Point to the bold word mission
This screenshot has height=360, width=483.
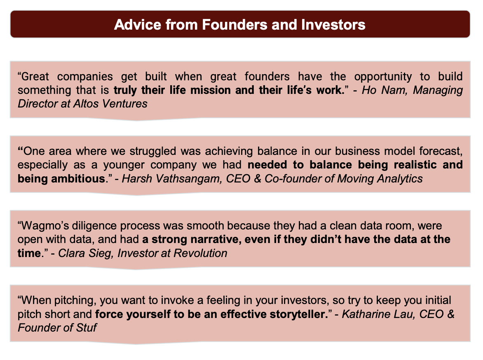click(211, 90)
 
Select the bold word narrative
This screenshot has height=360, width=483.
click(216, 240)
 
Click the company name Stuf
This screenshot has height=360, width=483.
click(87, 327)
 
